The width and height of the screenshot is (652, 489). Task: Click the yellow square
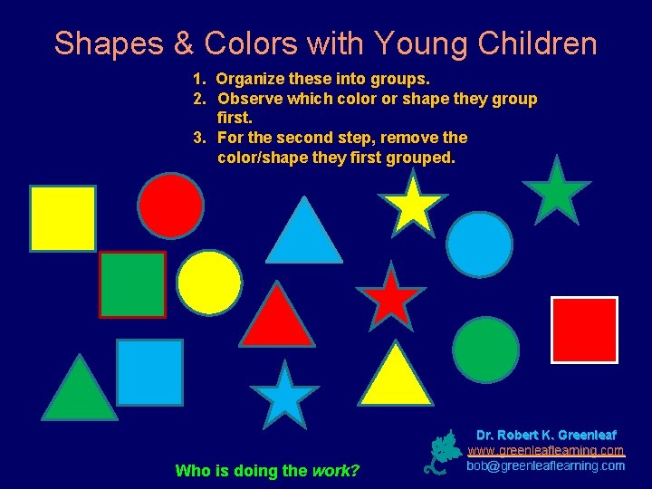tap(62, 218)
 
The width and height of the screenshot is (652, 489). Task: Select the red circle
tap(170, 206)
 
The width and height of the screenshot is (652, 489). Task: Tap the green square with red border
tap(132, 285)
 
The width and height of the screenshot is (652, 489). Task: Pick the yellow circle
tap(209, 282)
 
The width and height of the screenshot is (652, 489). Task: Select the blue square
tap(149, 372)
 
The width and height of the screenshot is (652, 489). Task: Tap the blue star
tap(284, 396)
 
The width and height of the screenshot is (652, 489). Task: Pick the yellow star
tap(412, 204)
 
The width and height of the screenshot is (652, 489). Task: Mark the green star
tap(556, 192)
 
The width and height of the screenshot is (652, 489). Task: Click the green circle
tap(485, 350)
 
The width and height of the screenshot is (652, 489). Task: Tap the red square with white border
tap(584, 330)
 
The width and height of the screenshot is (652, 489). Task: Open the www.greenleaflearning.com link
tap(546, 450)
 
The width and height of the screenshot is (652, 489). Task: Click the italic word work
tap(335, 470)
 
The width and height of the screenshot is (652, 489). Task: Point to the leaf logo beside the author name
tap(443, 452)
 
